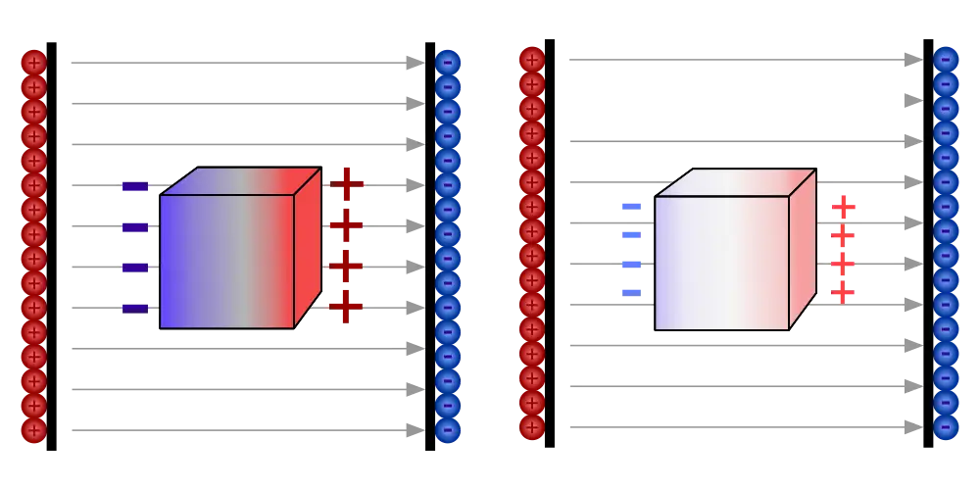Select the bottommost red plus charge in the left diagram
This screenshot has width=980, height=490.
pos(33,429)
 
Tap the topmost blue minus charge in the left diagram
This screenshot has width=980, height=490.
pos(448,62)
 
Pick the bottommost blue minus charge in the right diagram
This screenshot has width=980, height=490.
pos(945,426)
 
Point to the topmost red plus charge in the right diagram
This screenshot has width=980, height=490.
pos(531,59)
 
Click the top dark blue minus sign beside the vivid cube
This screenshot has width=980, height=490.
pos(133,187)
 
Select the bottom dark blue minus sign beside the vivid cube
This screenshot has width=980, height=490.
pos(133,308)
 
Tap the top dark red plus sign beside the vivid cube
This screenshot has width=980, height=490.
pos(345,183)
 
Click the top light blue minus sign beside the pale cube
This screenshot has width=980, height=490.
pos(631,205)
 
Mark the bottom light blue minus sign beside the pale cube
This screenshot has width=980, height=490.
pos(631,291)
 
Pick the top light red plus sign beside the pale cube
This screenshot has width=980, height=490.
pos(843,207)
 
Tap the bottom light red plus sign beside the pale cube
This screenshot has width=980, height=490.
pos(843,293)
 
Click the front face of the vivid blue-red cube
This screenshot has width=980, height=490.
pos(226,260)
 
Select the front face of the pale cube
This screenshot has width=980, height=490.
pos(721,263)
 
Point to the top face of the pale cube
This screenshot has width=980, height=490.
pos(735,182)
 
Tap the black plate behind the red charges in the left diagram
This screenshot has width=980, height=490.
pos(54,245)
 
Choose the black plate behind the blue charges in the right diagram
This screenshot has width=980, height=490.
pos(926,245)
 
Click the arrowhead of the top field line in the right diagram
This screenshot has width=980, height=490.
pos(911,59)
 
